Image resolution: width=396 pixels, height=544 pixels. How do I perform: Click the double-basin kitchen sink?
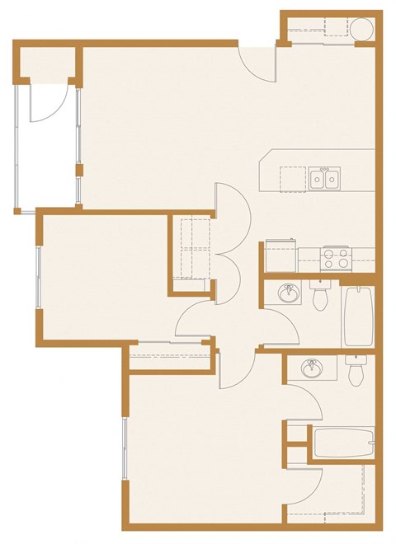(324, 178)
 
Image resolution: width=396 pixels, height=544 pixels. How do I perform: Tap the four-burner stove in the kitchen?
(336, 258)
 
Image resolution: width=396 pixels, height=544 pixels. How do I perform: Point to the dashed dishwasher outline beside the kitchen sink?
(293, 178)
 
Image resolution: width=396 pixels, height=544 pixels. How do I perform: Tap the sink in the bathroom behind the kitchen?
(289, 294)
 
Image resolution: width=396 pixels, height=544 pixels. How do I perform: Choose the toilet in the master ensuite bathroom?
(356, 370)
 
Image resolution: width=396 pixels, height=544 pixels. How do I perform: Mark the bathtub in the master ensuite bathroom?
(343, 445)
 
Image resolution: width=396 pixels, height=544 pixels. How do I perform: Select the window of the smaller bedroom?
(38, 277)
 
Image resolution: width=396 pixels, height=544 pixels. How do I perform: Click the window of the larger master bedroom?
(125, 449)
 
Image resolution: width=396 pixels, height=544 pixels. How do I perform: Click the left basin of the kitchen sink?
(318, 178)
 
